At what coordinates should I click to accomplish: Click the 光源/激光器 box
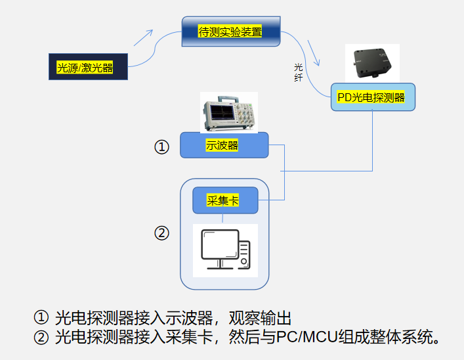coord(88,66)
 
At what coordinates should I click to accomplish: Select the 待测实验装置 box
coord(230,31)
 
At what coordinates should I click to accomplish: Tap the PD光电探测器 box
coord(372,97)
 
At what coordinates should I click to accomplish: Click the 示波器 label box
coord(224,145)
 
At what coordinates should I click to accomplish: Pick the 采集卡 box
coord(225,200)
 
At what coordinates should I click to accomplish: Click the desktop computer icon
coord(225,250)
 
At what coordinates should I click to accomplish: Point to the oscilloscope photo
coord(228,112)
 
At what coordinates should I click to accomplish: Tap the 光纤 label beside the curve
coord(298,72)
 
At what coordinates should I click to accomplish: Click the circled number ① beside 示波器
coord(161,146)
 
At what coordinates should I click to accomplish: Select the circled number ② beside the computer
coord(161,233)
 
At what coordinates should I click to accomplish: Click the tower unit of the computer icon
coord(244,254)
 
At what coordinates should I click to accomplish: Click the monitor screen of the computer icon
coord(218,245)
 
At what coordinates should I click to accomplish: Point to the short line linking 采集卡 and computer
coord(224,219)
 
